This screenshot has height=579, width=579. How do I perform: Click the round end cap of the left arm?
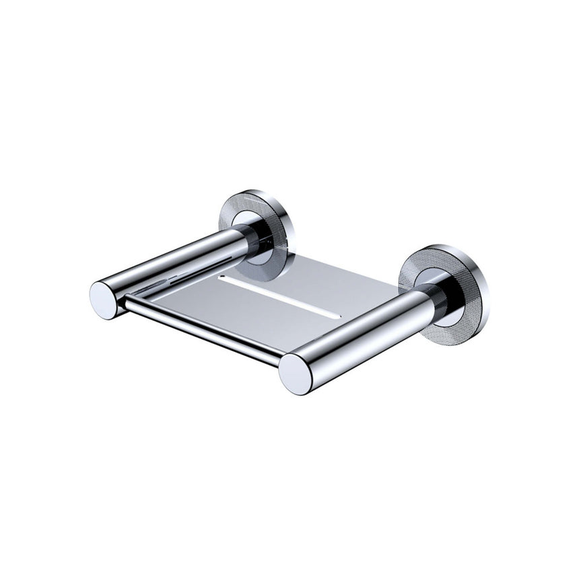pos(105,299)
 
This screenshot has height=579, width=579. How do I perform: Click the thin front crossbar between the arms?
pos(202,330)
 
